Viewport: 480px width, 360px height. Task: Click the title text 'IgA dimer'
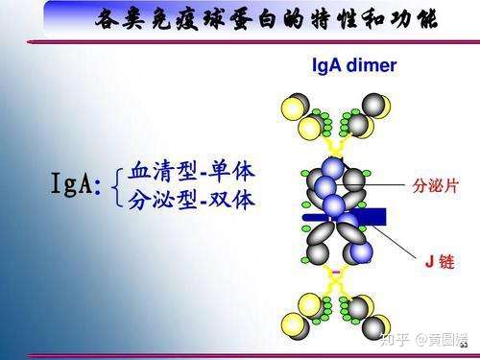coord(354,66)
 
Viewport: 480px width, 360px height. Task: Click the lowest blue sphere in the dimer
coord(361,252)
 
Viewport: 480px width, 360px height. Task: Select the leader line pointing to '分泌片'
coord(384,182)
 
